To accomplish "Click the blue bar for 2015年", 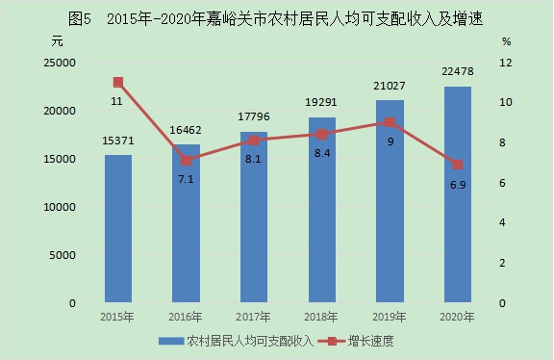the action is pos(118,228).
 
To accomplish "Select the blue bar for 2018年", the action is pos(322,210).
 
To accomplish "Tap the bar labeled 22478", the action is pos(458,194).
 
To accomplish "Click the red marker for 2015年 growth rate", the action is pos(118,83).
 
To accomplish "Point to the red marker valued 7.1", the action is pos(187,161).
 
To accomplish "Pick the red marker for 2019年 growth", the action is pos(390,122).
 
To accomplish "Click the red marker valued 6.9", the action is pos(458,165).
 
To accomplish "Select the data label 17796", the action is pos(254,116).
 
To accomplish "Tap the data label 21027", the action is pos(390,86).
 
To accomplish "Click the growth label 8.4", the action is pos(322,153).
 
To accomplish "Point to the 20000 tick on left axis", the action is pos(60,111).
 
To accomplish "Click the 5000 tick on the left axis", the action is pos(63,255).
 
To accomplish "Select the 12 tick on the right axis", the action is pos(506,63).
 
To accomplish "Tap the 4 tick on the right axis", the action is pos(502,222).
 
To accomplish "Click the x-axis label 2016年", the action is pos(186,317).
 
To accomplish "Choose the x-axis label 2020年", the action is pos(457,317).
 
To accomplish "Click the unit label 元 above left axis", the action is pos(58,41).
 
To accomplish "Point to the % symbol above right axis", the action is pos(506,41).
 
